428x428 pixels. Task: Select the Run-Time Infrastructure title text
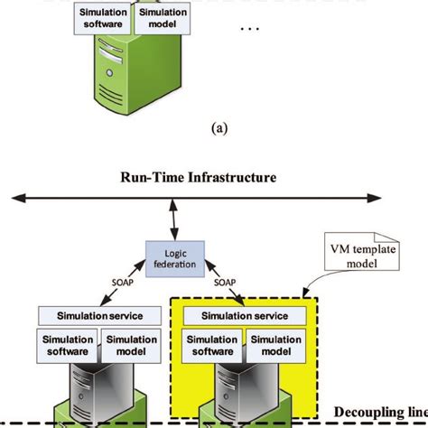[198, 179]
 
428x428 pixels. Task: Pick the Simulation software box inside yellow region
[210, 345]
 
